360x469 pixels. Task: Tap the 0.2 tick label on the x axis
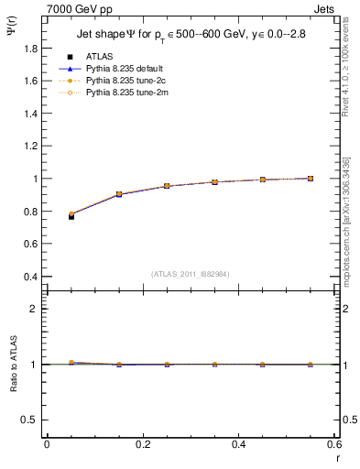[x=142, y=444]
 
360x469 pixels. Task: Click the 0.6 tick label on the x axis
[x=333, y=444]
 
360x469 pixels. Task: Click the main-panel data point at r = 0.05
[x=71, y=215]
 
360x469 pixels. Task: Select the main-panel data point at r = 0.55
[x=311, y=179]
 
